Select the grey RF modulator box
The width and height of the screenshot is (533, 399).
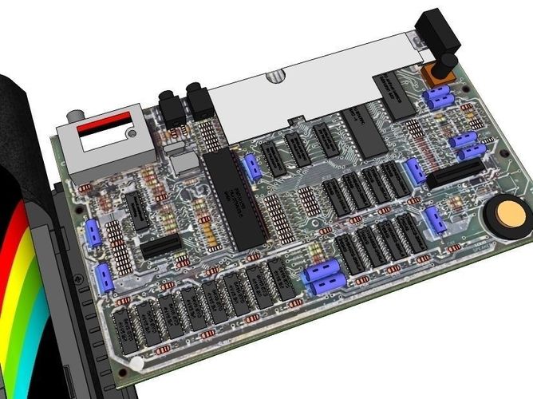point(104,148)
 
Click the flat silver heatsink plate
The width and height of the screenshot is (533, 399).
point(319,88)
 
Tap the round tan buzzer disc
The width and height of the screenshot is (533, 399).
point(503,216)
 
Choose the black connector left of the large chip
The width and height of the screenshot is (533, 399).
point(160,245)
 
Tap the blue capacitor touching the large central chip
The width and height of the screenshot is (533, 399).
point(252,166)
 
